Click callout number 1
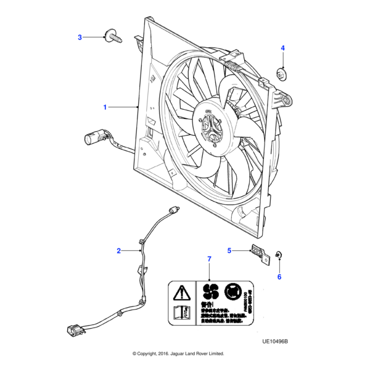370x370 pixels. tap(105, 107)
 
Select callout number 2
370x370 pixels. tap(118, 250)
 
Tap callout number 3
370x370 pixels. tap(80, 38)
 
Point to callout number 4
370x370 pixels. tap(283, 48)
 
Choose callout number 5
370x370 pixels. tap(229, 250)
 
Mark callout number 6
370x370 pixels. tap(279, 277)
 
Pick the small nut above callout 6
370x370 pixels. tap(278, 254)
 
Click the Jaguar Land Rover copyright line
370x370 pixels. tap(178, 354)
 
